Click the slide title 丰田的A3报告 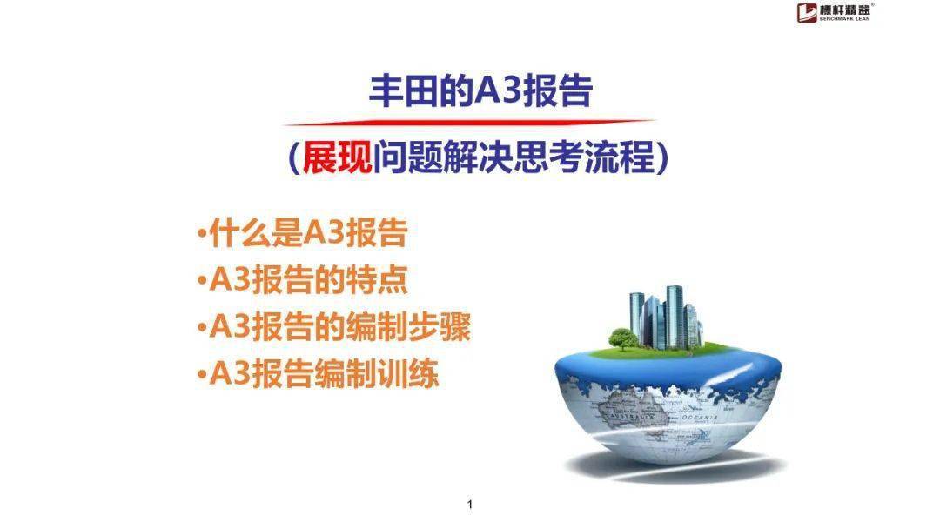coord(480,91)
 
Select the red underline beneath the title coord(471,123)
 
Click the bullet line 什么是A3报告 coord(303,232)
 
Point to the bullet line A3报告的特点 coord(303,280)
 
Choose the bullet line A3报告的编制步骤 coord(334,327)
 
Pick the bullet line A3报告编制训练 coord(319,374)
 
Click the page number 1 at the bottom coord(469,505)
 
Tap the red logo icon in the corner coord(807,12)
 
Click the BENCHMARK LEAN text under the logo coord(845,19)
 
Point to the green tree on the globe coord(623,338)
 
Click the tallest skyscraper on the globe coord(675,317)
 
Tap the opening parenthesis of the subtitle coord(294,158)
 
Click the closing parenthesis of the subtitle coord(662,158)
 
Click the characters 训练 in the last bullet coord(408,374)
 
